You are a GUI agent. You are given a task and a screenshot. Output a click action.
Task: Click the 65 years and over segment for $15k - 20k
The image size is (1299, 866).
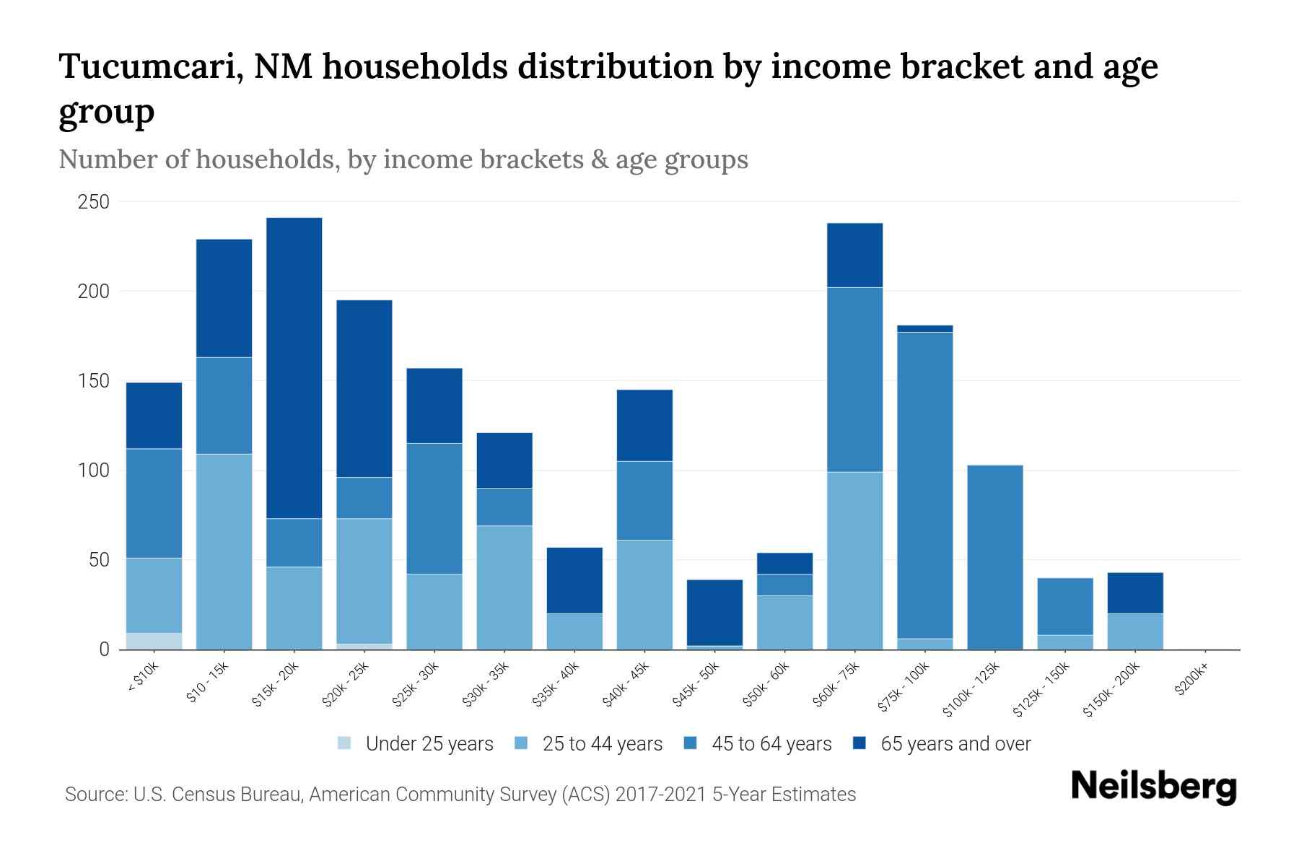(294, 368)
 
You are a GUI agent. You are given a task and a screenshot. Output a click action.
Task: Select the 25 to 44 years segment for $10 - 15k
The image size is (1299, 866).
(224, 551)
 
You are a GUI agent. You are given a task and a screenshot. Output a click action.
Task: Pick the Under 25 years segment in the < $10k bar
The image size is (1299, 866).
(154, 641)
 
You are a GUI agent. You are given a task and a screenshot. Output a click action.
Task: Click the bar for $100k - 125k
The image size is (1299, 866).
(995, 557)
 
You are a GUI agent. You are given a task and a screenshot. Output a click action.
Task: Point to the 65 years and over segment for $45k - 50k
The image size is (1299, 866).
(714, 612)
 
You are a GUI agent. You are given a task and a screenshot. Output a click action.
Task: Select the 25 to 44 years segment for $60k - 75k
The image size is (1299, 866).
(855, 561)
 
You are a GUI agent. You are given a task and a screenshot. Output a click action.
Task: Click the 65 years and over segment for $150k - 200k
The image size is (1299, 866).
(1135, 592)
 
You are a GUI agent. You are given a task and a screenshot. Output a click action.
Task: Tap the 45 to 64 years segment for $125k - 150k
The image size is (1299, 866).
(1065, 606)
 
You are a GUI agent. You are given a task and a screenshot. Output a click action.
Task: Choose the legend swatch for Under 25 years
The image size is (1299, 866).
(345, 743)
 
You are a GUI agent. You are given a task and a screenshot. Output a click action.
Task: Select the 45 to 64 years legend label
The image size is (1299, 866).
(771, 743)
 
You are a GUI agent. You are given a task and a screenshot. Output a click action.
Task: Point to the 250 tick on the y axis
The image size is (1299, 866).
(94, 202)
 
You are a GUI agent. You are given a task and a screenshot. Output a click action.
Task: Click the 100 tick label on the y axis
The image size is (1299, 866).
(94, 471)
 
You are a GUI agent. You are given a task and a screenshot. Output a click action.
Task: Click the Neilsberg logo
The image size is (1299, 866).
(1154, 787)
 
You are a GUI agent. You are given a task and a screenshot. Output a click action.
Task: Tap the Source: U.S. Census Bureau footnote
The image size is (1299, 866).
(460, 795)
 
